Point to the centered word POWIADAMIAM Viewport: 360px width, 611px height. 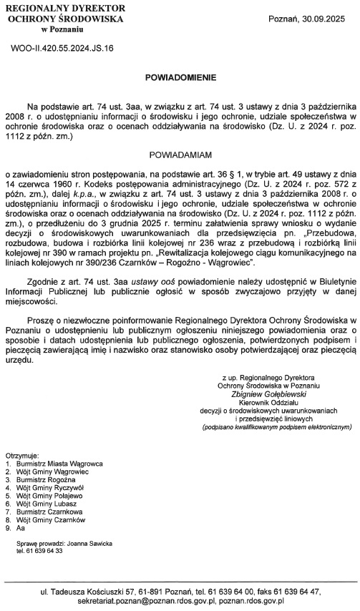coord(180,154)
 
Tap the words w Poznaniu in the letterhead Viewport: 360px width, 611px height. coord(62,31)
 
